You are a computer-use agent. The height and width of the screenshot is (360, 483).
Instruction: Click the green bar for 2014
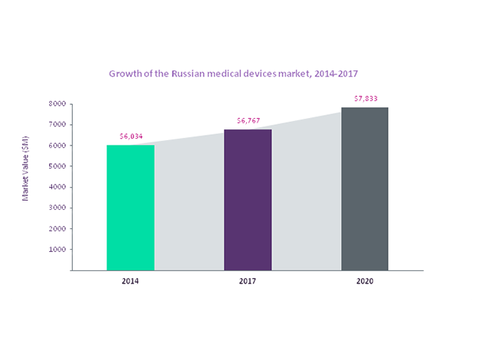click(x=130, y=208)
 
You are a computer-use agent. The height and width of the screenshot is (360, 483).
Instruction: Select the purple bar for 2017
click(x=248, y=200)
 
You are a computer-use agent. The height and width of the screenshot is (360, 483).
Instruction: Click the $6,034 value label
click(x=130, y=136)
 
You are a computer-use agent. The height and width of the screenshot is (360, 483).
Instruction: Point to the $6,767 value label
click(x=248, y=121)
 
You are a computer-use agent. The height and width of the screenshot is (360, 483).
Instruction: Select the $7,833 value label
click(x=365, y=99)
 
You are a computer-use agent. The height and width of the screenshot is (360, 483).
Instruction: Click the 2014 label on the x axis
click(x=130, y=282)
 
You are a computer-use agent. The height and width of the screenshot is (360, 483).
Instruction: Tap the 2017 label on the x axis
click(x=248, y=282)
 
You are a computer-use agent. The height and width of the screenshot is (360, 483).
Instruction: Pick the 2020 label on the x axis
click(x=365, y=282)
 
